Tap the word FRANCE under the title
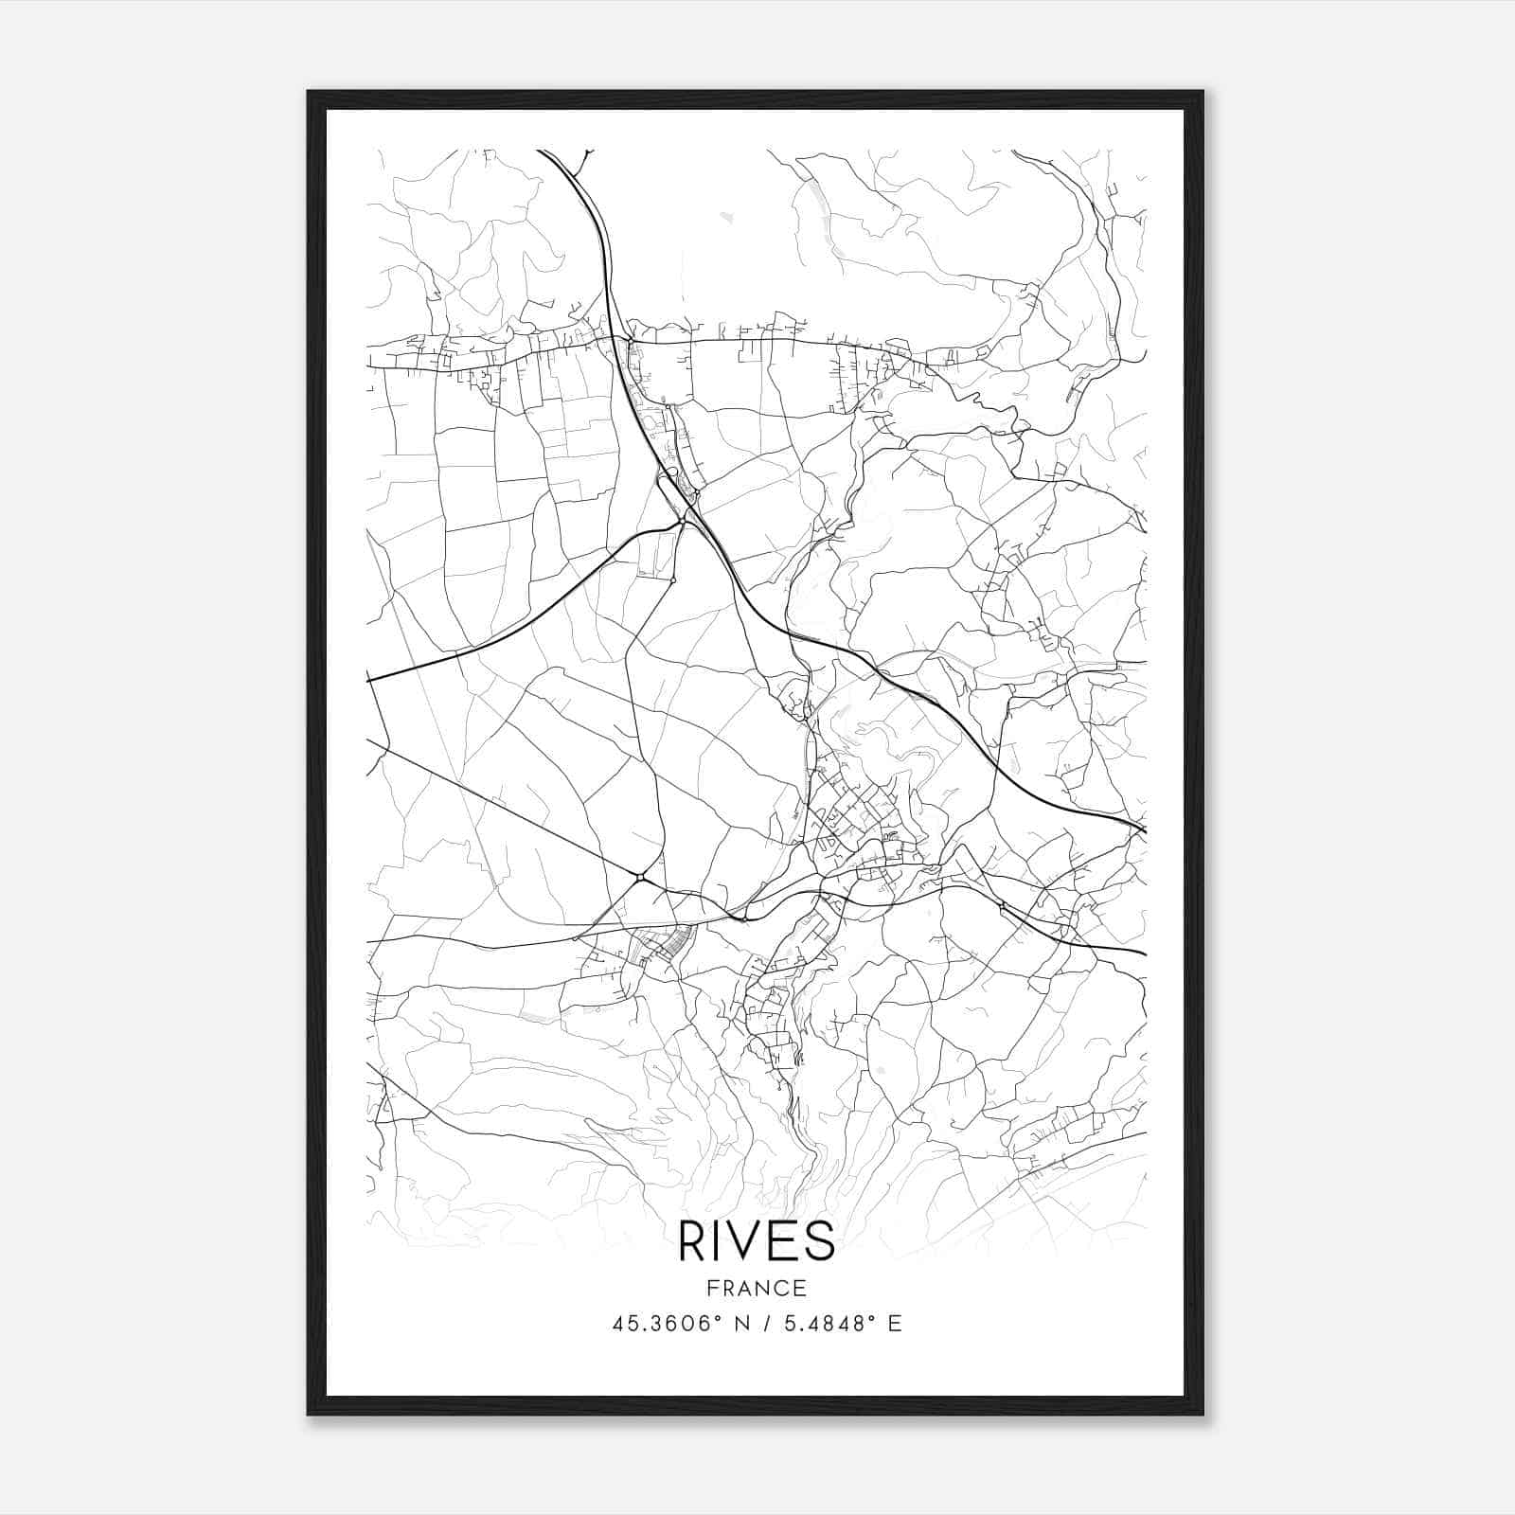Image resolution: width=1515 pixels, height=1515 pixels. [x=757, y=1288]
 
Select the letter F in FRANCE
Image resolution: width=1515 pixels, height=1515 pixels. [x=712, y=1288]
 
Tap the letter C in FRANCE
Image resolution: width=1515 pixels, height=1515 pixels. [x=784, y=1288]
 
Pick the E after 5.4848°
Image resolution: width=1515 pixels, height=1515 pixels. [x=895, y=1323]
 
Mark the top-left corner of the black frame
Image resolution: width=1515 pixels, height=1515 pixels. [x=309, y=92]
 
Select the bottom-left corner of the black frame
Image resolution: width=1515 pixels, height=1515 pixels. [x=309, y=1414]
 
